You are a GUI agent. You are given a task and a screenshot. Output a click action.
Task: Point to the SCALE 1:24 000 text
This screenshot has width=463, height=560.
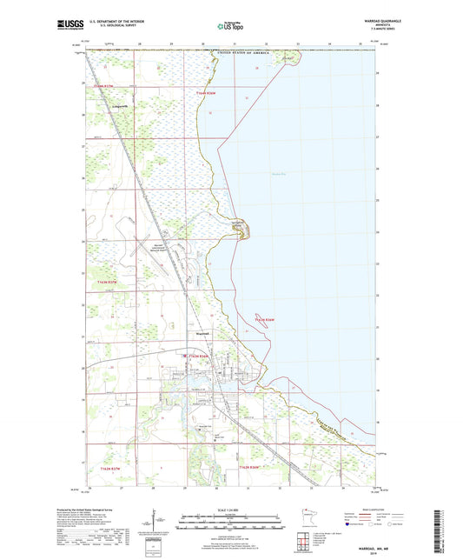231,509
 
